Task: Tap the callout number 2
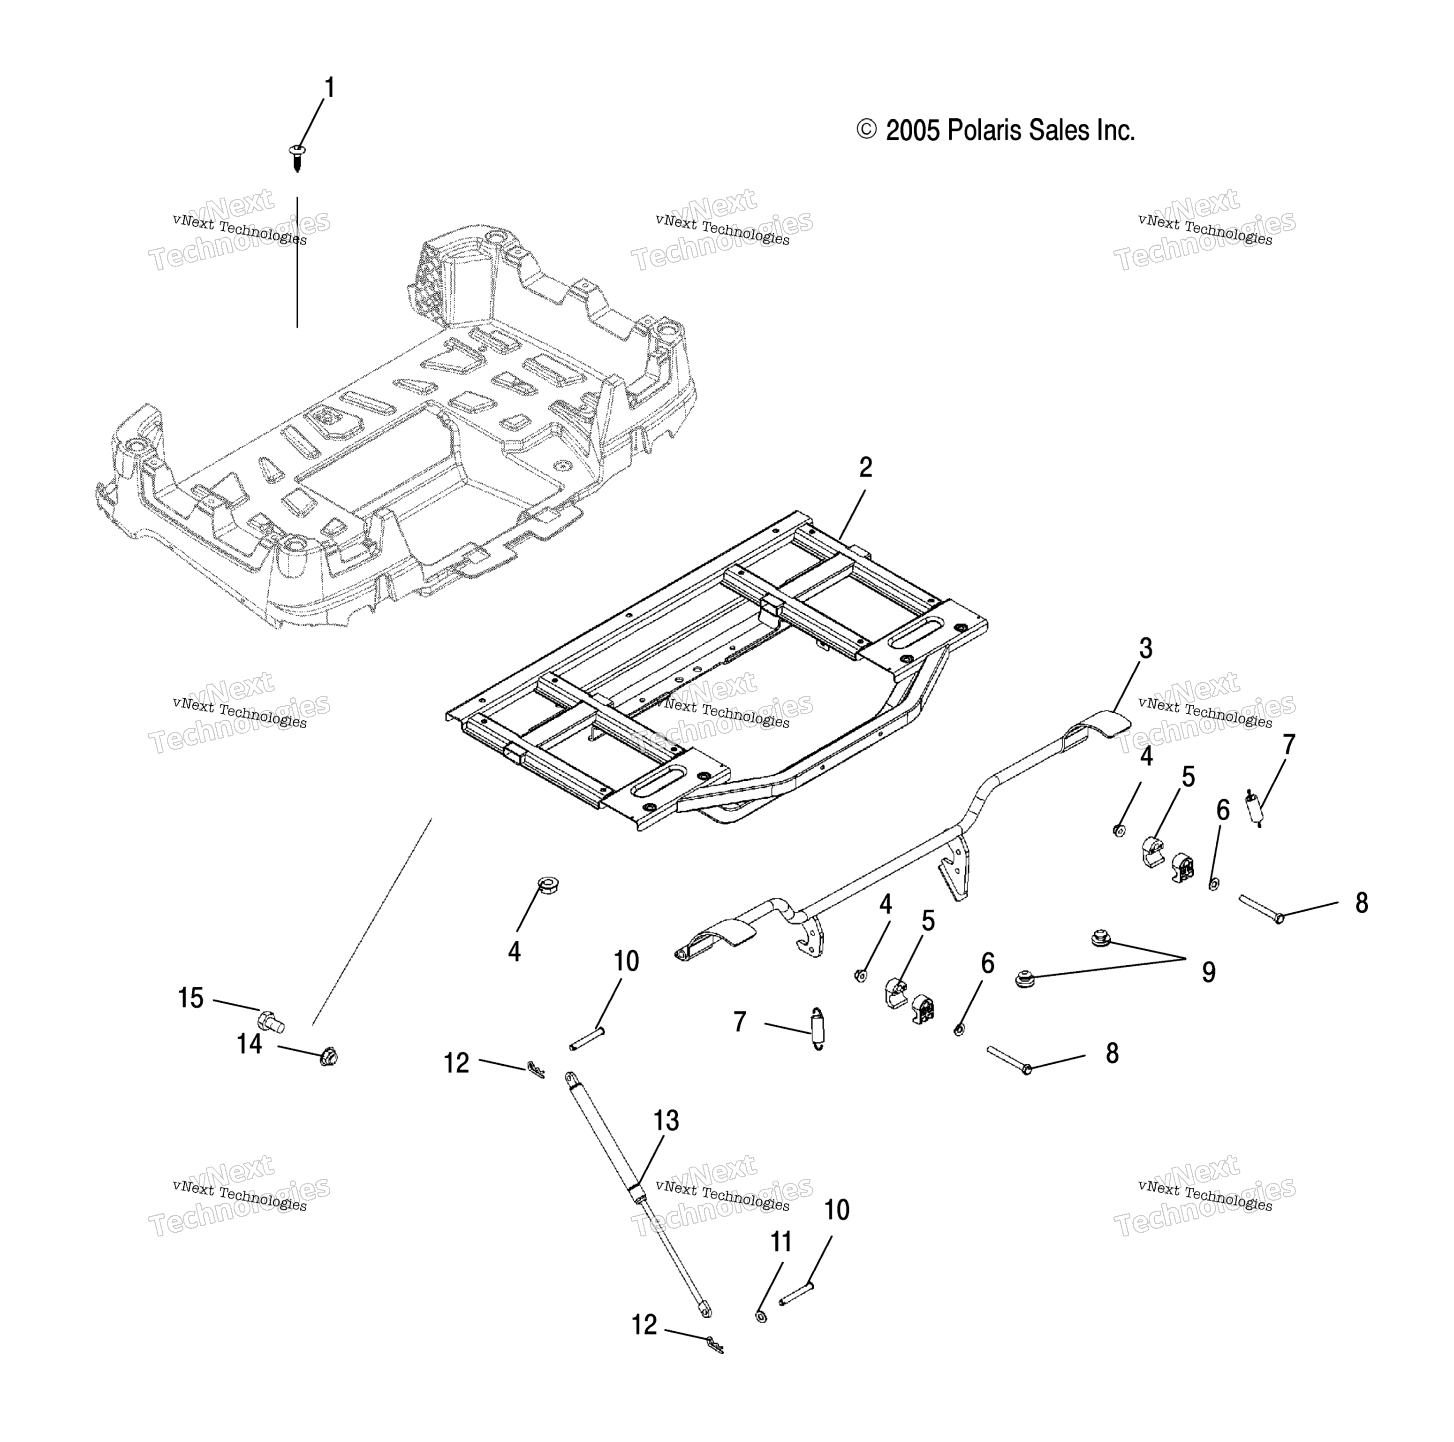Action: (865, 468)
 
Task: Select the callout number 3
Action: (1145, 649)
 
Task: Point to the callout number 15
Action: (191, 999)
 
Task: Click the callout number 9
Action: (1209, 972)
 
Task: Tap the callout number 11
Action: (781, 1242)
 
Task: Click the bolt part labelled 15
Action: (272, 1022)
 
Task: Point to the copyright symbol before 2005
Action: (866, 130)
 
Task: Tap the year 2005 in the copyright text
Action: (913, 131)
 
